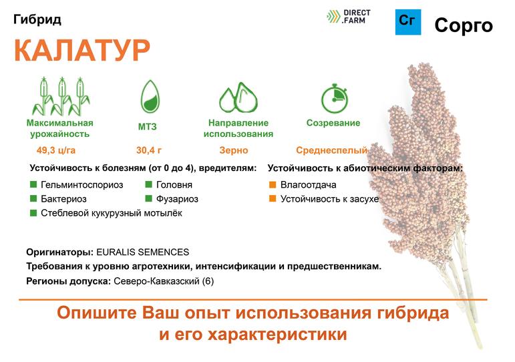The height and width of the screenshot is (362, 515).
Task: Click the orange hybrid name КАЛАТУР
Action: (x=82, y=50)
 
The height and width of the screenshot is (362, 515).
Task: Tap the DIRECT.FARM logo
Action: (x=348, y=17)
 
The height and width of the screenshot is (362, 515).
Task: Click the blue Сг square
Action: (x=408, y=22)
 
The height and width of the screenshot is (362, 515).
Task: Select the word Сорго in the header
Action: (x=464, y=25)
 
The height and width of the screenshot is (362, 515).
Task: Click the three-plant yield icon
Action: (x=61, y=96)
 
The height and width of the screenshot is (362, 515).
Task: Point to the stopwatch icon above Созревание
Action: (x=335, y=98)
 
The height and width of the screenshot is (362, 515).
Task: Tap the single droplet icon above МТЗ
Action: (x=150, y=97)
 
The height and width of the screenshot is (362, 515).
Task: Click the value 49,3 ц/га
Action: (x=56, y=150)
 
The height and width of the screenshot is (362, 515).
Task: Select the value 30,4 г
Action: (x=149, y=150)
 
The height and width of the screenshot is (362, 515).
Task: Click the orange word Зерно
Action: (x=234, y=150)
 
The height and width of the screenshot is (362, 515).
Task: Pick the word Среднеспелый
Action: (x=331, y=150)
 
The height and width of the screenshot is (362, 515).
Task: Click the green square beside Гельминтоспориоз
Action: (x=33, y=184)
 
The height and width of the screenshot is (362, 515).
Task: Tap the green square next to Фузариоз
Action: (x=149, y=198)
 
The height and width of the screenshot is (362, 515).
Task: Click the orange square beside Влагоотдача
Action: (x=273, y=184)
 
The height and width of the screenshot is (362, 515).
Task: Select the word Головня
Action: (x=174, y=184)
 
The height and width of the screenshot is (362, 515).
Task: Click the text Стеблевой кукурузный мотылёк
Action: (x=112, y=213)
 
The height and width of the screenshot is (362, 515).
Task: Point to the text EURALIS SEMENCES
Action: (x=142, y=252)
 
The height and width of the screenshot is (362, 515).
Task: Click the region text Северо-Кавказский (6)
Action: (x=164, y=281)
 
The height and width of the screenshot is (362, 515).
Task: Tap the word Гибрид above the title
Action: (x=37, y=20)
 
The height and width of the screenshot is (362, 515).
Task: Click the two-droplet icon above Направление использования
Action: (x=238, y=98)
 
